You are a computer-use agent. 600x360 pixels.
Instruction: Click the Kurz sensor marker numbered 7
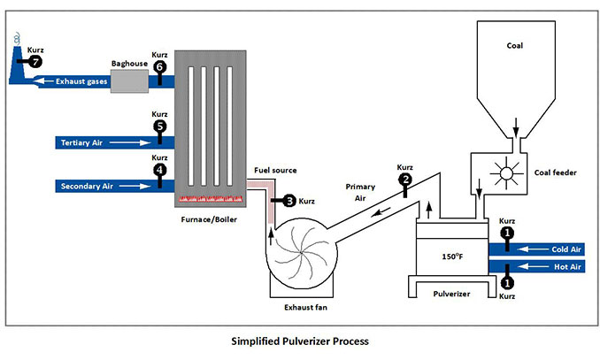35,63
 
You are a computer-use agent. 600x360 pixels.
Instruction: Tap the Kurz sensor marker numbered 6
159,66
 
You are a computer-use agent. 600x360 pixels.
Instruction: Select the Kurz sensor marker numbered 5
159,126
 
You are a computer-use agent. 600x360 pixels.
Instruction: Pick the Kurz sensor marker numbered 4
159,169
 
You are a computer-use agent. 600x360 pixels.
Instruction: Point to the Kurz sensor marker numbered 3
288,201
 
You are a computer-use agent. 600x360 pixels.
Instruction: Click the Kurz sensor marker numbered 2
405,180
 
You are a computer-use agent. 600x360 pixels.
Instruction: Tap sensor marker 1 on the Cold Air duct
507,233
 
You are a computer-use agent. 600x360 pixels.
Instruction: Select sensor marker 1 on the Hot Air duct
507,283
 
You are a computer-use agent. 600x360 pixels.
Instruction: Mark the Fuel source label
274,170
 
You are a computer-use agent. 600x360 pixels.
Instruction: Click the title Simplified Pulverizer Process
299,341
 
